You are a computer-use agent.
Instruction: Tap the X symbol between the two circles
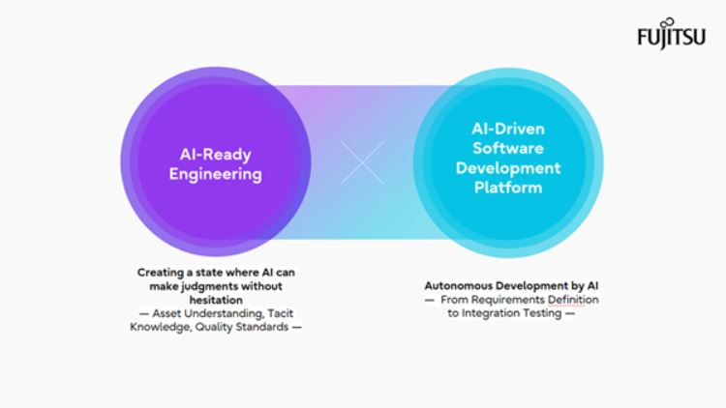coord(363,163)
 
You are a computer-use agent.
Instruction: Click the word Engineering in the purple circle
coord(215,175)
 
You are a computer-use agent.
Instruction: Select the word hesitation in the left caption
coord(216,301)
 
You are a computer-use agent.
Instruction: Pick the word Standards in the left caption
coord(262,327)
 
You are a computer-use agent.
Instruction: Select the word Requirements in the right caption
coord(514,300)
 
